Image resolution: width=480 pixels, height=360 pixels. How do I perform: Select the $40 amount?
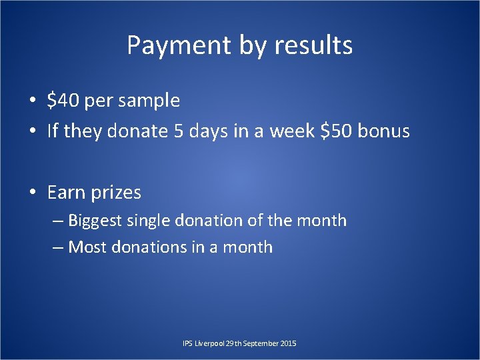pyautogui.click(x=61, y=101)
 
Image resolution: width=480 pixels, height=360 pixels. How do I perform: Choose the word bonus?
pyautogui.click(x=384, y=131)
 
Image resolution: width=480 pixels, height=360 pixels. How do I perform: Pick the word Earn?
pyautogui.click(x=65, y=193)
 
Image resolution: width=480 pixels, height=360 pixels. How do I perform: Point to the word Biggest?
pyautogui.click(x=94, y=221)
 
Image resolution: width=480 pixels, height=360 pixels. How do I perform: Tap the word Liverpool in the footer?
pyautogui.click(x=209, y=343)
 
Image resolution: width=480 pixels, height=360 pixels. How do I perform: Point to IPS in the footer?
pyautogui.click(x=187, y=343)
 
